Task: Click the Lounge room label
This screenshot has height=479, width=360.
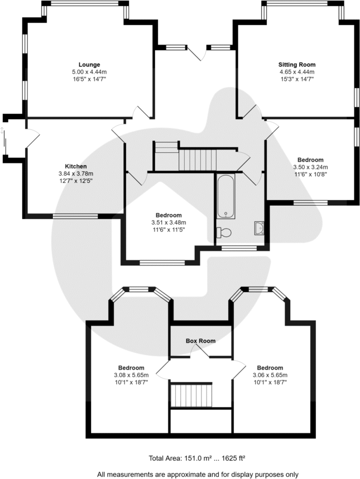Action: click(x=89, y=65)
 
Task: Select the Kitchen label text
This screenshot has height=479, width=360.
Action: click(x=75, y=167)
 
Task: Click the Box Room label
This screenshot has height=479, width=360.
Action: click(x=200, y=341)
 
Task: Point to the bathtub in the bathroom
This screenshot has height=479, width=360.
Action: click(x=225, y=196)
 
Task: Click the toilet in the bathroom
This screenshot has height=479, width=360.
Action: click(x=225, y=232)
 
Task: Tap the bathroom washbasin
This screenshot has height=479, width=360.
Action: click(x=258, y=228)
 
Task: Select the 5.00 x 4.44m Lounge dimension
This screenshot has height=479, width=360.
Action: click(x=89, y=72)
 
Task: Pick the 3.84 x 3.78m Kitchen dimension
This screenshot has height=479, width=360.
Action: click(x=75, y=174)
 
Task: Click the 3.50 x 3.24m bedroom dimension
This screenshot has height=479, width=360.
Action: click(x=310, y=167)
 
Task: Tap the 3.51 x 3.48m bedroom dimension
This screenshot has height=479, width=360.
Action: click(x=168, y=222)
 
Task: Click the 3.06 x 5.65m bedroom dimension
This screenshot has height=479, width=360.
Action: click(x=270, y=375)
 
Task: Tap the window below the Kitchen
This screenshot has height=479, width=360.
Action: click(x=75, y=216)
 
